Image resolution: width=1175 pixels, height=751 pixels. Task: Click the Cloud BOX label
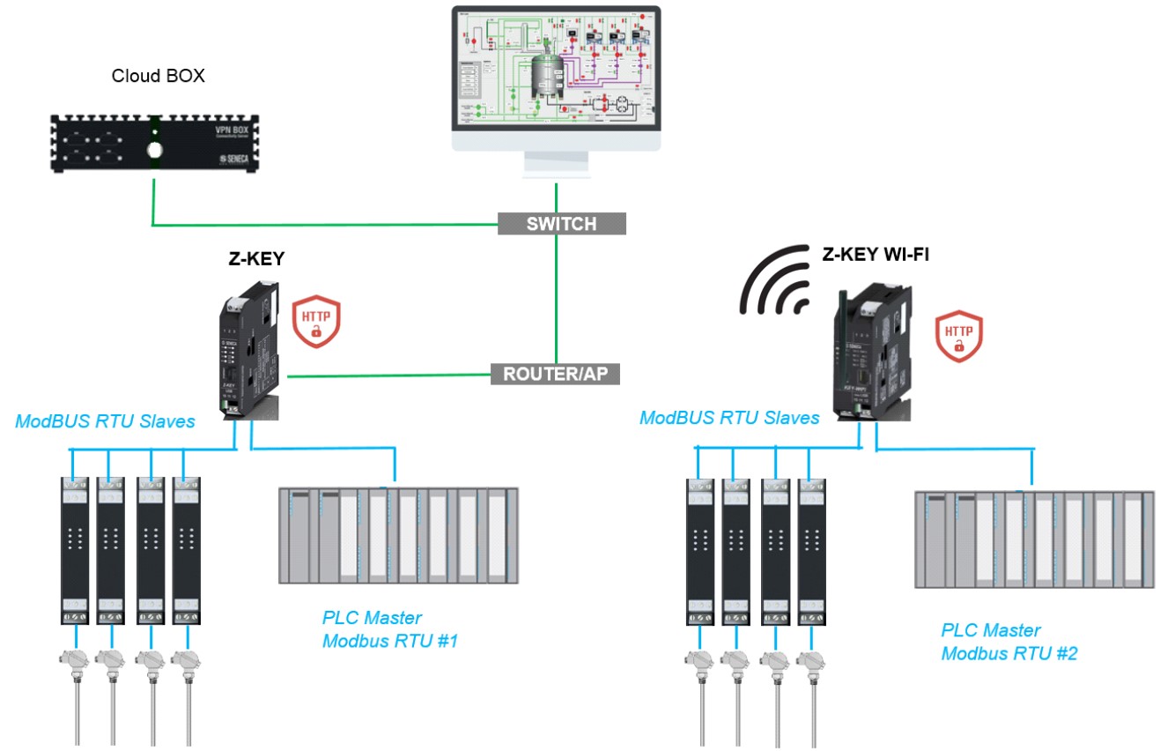(x=158, y=76)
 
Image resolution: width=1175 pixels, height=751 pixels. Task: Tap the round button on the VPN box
(x=155, y=150)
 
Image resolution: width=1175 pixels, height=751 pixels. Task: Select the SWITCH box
(x=561, y=224)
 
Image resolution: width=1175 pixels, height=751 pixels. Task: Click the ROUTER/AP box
(x=555, y=374)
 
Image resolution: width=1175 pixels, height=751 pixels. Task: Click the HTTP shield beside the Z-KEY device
(x=315, y=323)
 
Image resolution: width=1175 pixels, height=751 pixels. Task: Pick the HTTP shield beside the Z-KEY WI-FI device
(x=958, y=336)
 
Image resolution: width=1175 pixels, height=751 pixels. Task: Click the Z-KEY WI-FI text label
(x=875, y=255)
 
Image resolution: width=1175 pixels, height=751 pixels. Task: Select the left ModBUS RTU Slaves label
(x=105, y=422)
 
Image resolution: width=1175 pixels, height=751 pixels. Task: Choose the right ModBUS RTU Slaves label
(x=729, y=418)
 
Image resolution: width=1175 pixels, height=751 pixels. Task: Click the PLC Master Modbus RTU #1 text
(x=390, y=629)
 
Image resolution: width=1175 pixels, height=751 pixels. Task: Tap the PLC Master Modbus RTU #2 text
(x=1009, y=642)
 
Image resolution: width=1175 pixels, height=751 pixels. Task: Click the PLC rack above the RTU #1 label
(x=398, y=535)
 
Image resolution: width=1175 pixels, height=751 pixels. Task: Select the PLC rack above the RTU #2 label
(x=1034, y=539)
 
